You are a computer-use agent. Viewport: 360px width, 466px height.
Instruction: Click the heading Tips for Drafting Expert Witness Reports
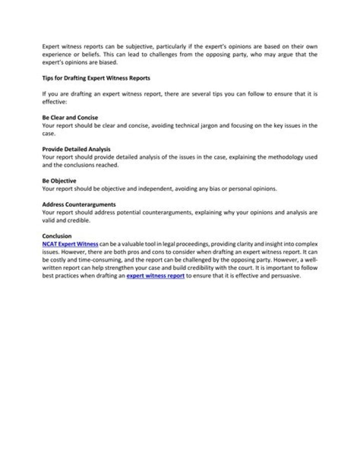coord(96,79)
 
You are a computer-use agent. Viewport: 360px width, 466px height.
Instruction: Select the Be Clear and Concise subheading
coord(70,118)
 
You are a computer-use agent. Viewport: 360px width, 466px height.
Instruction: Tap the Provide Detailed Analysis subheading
coord(76,149)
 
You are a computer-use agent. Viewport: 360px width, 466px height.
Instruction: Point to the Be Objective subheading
coord(59,181)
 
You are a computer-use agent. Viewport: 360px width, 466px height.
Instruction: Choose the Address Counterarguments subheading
coord(79,204)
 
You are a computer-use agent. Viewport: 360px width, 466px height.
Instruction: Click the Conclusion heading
coord(57,236)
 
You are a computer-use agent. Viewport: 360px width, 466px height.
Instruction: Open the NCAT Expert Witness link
coord(70,244)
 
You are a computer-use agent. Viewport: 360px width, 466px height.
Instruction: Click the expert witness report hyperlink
coord(155,276)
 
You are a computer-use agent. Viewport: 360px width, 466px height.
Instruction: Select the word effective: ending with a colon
coord(51,102)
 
